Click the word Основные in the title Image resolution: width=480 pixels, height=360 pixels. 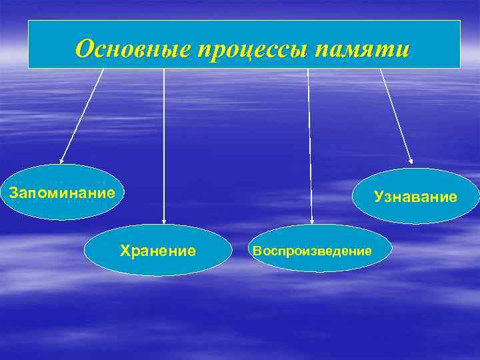coord(131,49)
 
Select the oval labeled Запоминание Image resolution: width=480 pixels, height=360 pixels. coord(62,193)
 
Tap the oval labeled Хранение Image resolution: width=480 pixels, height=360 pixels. coord(157,251)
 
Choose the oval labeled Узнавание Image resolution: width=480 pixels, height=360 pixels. coord(415,196)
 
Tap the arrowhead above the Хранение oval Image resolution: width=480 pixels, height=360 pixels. coord(164,221)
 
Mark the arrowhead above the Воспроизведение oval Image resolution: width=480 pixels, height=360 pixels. coord(311,220)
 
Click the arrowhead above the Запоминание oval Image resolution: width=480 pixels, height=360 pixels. coord(61,161)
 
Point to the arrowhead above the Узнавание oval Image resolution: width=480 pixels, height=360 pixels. coord(411,160)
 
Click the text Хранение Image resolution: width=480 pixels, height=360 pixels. coord(157,251)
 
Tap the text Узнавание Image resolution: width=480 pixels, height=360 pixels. coord(415,196)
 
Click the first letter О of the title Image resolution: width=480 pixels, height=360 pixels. coord(85,49)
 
